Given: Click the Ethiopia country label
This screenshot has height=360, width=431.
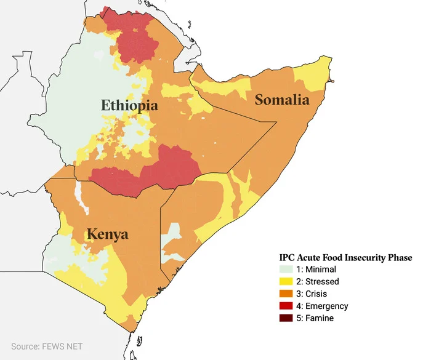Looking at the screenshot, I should click(129, 105).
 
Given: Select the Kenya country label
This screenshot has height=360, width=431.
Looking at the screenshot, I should click(107, 234).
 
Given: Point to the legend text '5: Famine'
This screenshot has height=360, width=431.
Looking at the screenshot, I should click(317, 319).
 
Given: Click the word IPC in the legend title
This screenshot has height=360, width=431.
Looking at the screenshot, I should click(288, 257).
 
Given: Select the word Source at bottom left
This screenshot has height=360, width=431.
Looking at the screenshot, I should click(23, 346).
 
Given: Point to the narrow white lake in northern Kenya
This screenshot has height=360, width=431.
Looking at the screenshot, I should click(78, 193).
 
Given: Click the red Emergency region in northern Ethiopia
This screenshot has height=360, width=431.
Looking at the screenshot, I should click(135, 37).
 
